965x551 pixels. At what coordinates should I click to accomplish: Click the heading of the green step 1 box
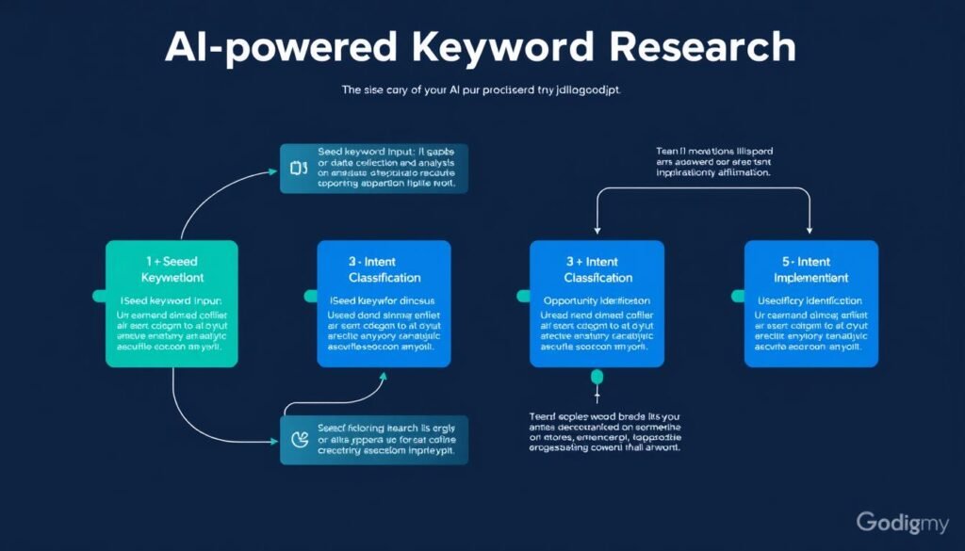click(x=172, y=268)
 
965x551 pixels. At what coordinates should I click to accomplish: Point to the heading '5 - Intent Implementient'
click(x=810, y=268)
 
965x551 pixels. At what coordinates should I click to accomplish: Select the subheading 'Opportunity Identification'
click(x=597, y=300)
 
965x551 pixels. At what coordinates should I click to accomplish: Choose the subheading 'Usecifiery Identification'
click(x=810, y=300)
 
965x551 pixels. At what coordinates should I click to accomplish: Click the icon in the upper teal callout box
click(x=299, y=169)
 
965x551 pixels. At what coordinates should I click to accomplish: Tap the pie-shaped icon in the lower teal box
click(x=299, y=438)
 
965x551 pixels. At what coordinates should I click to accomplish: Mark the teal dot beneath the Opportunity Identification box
click(x=596, y=377)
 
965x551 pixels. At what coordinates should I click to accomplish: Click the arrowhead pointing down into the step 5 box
click(x=810, y=231)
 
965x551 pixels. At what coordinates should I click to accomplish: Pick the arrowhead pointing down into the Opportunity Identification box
click(x=597, y=231)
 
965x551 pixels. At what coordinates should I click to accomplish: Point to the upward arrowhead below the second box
click(x=384, y=376)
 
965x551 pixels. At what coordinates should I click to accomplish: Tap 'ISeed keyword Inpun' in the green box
click(x=172, y=300)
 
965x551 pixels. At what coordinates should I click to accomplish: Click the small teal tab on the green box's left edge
click(x=99, y=296)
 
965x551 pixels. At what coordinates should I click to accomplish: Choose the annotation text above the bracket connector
click(x=713, y=161)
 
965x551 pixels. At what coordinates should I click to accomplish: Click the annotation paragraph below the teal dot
click(x=603, y=431)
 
